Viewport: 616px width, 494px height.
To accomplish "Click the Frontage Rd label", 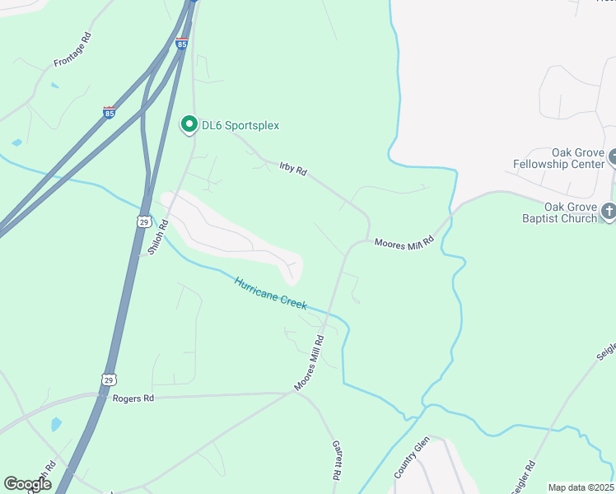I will coord(72,50).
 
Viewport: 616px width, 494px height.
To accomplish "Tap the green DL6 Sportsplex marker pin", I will coord(189,125).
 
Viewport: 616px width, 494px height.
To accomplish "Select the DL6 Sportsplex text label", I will coord(240,126).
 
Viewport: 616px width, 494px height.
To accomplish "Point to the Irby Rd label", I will coord(292,169).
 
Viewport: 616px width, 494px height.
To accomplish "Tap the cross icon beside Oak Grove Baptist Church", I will coord(609,211).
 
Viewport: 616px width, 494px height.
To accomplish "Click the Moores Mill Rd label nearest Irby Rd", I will coord(404,243).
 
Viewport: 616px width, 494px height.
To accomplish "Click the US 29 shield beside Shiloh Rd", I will coord(143,222).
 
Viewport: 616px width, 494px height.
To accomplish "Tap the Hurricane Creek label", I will coord(270,293).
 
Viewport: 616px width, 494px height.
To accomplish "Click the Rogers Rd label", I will coord(134,398).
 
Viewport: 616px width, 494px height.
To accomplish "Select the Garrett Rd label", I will coord(337,459).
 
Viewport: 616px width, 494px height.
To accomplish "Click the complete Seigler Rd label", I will coord(524,477).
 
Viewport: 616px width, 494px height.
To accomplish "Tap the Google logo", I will coord(27,484).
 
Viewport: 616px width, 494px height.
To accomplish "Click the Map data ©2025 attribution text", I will coord(581,487).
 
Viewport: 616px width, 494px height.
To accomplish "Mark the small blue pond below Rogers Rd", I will coord(55,425).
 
